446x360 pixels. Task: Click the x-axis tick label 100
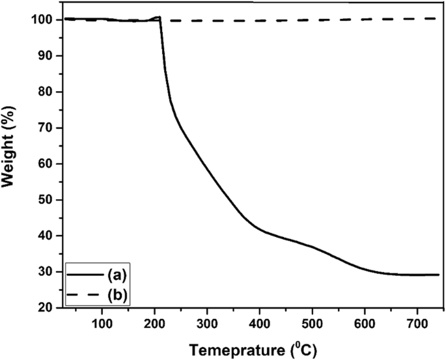click(x=102, y=322)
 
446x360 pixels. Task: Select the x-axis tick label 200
click(x=155, y=322)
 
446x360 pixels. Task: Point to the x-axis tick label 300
click(x=207, y=322)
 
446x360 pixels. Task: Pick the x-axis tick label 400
click(x=260, y=322)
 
